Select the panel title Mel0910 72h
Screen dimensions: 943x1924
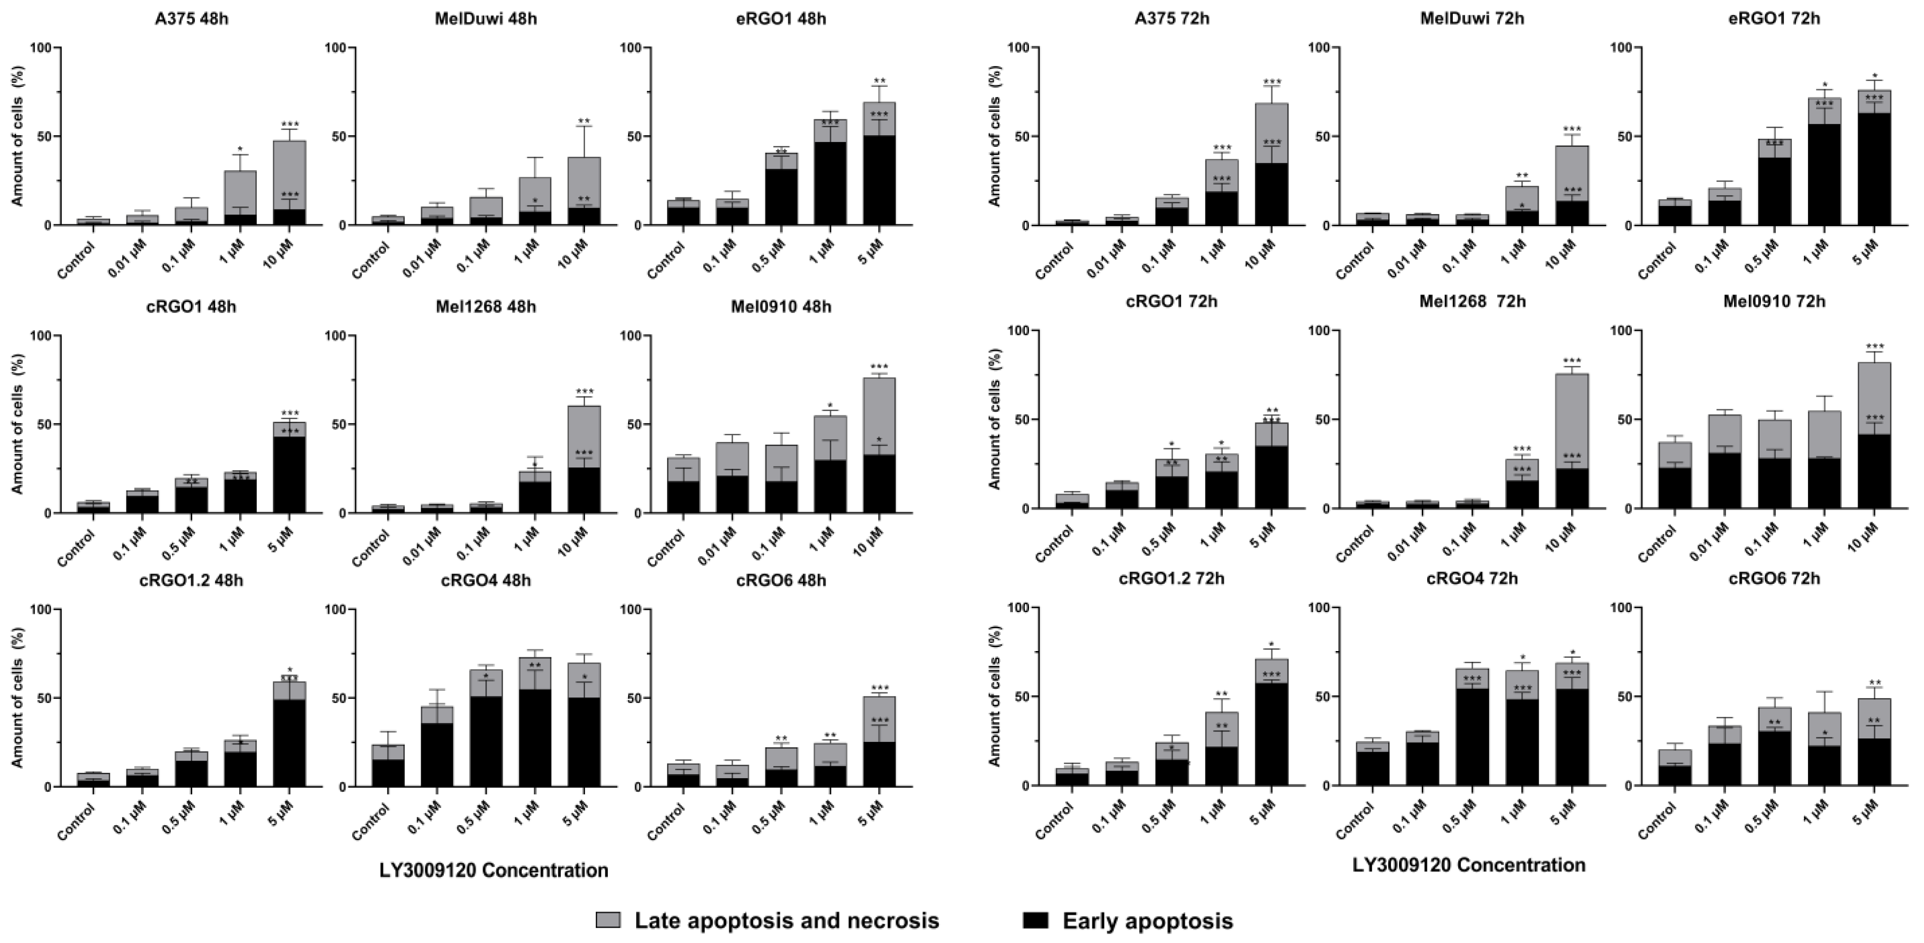tap(1774, 302)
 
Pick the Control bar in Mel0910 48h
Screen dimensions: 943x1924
tap(683, 485)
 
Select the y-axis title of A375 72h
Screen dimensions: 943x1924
tap(994, 136)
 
